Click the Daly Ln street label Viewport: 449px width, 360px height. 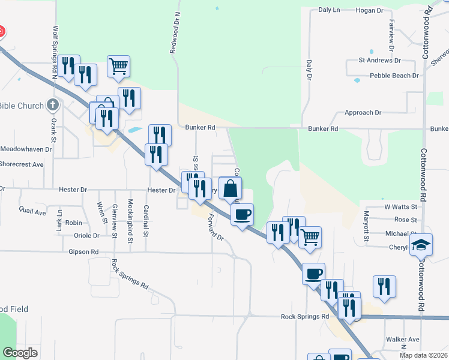329,10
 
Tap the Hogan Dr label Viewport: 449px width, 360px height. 369,10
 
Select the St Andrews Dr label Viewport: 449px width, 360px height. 379,61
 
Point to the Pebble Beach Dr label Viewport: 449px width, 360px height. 394,76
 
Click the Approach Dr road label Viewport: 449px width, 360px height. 363,112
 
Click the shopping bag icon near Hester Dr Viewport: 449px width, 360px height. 230,188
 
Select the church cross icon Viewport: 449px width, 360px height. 53,106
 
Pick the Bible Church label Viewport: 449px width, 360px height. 22,106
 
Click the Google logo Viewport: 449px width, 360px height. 20,353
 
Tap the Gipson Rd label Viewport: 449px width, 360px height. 83,252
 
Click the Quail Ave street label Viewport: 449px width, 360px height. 32,212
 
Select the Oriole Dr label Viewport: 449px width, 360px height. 86,236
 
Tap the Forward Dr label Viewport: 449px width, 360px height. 215,228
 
